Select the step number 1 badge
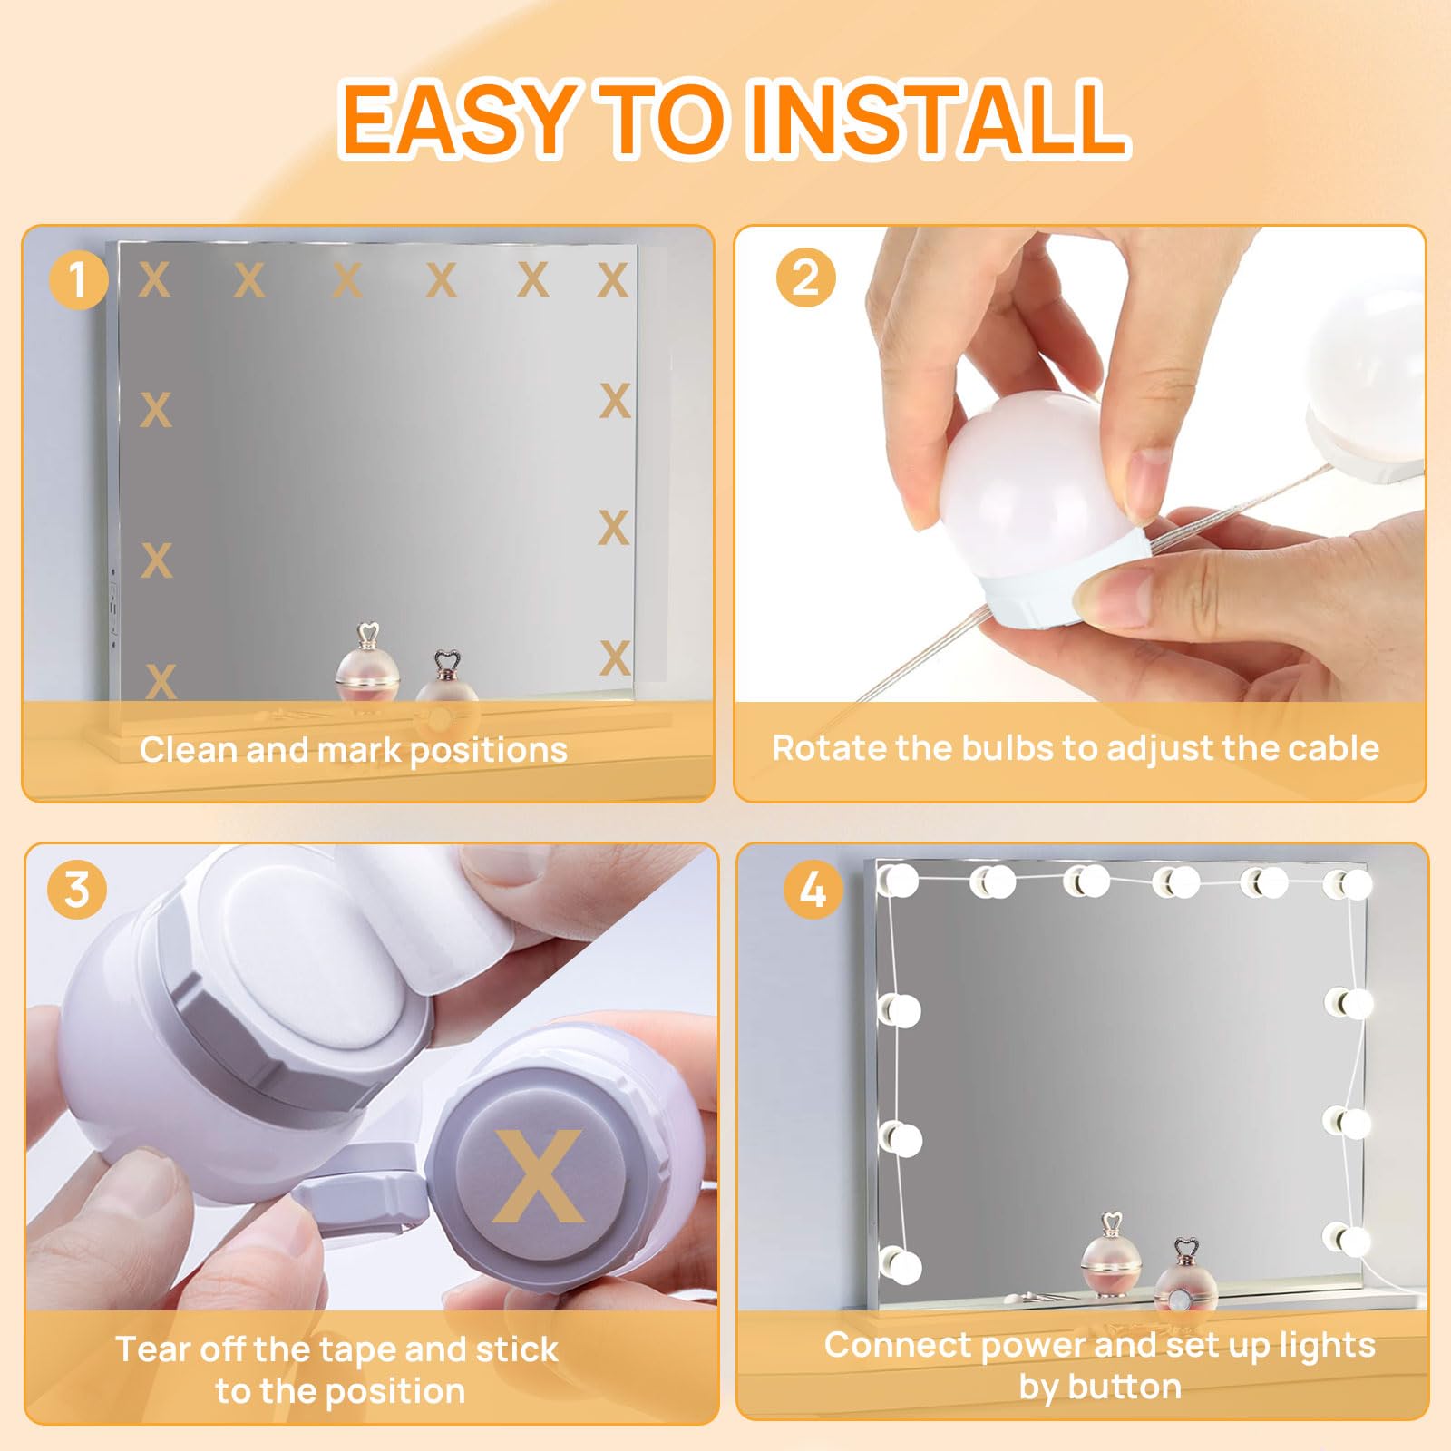click(x=78, y=278)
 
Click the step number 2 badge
click(x=805, y=277)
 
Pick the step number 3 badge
click(x=77, y=890)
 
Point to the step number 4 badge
click(x=813, y=890)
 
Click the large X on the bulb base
click(x=539, y=1175)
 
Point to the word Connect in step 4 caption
click(x=897, y=1345)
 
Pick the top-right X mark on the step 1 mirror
click(x=613, y=280)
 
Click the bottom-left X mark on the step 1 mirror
click(x=161, y=681)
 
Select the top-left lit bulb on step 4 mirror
click(x=899, y=881)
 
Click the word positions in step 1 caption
click(x=488, y=752)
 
